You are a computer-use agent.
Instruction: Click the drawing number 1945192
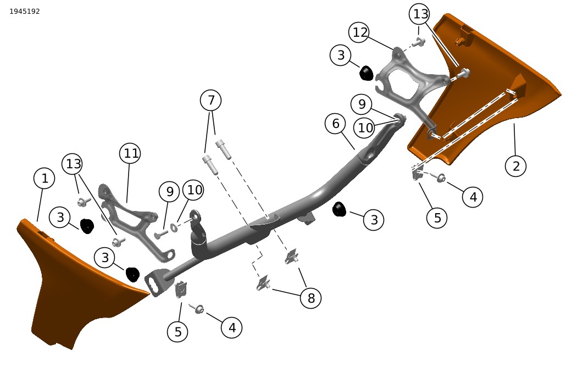[x=24, y=12]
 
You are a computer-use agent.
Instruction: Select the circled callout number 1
[x=44, y=179]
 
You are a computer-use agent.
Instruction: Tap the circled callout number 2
[x=515, y=166]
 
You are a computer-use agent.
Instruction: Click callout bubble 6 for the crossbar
[x=335, y=124]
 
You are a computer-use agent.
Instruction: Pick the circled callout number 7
[x=211, y=100]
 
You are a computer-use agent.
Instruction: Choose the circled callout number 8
[x=311, y=298]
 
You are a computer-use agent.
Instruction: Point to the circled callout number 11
[x=130, y=153]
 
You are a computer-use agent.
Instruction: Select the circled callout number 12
[x=359, y=32]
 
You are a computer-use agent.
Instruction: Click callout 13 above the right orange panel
[x=420, y=14]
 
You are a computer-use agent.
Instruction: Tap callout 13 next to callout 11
[x=73, y=163]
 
